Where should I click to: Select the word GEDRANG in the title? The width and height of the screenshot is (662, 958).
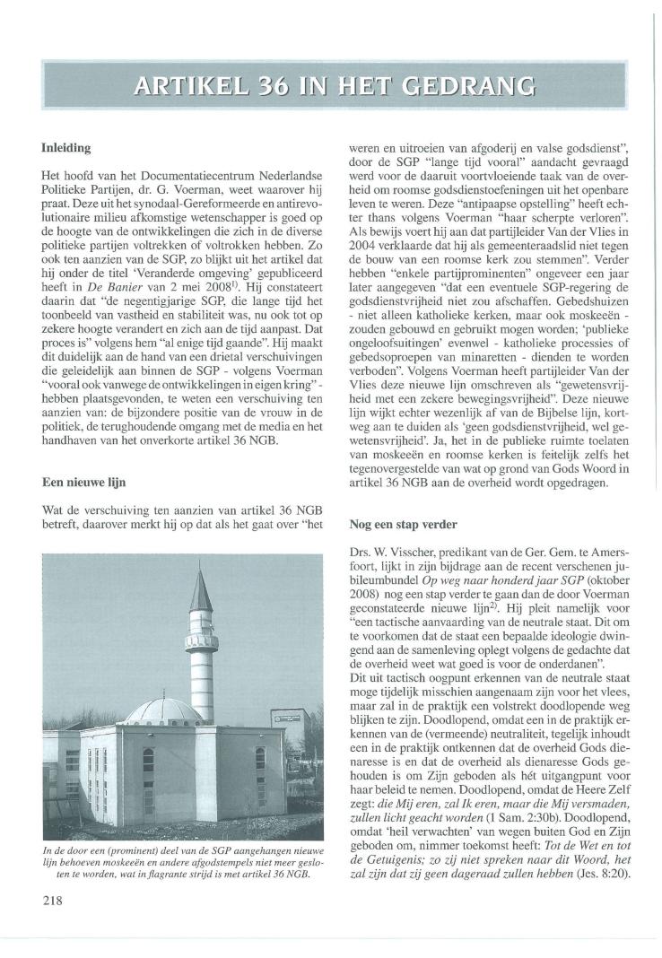[x=472, y=87]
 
